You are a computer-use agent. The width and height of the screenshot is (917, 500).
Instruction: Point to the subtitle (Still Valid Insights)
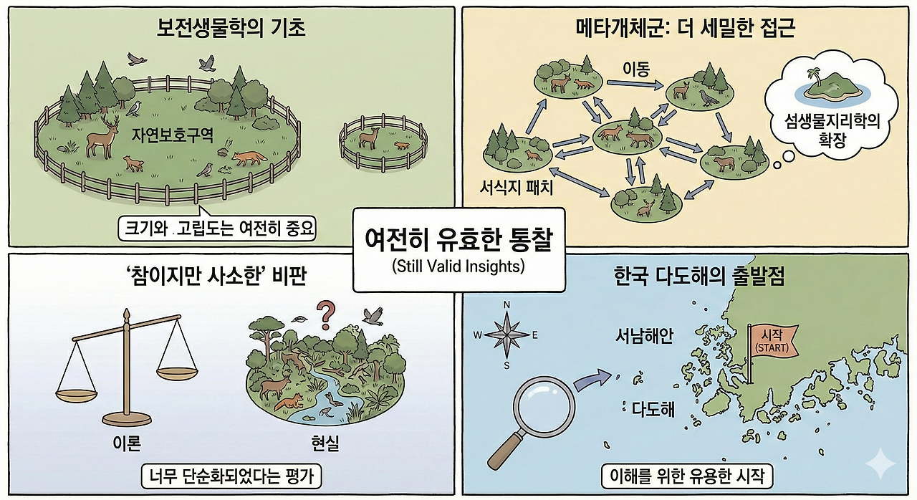click(458, 268)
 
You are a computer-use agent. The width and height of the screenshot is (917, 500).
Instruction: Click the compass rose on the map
click(506, 335)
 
